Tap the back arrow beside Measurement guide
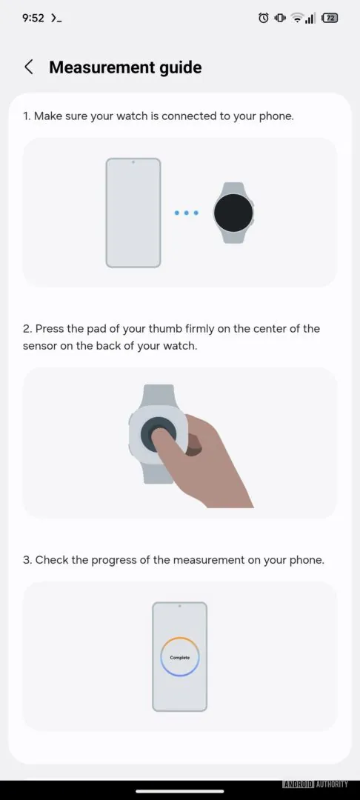29,67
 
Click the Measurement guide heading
125,67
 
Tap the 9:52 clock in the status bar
33,18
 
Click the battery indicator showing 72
330,18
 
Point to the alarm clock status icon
264,18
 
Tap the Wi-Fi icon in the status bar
296,18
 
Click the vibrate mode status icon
280,18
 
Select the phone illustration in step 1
133,213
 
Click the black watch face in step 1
233,213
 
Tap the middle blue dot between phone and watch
186,213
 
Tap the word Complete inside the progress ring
179,658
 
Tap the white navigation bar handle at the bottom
180,791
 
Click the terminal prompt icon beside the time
56,18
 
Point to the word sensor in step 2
39,346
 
